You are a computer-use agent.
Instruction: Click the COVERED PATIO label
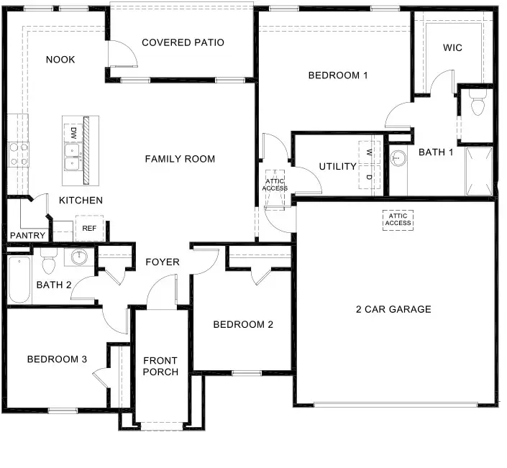click(x=183, y=42)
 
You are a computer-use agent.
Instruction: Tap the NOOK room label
click(x=60, y=60)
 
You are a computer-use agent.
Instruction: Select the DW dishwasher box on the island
click(x=73, y=132)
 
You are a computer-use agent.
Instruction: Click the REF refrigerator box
click(x=89, y=228)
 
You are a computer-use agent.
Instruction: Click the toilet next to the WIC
click(x=475, y=105)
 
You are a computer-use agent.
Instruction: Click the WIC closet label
click(x=452, y=47)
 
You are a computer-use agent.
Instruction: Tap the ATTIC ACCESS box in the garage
click(x=398, y=219)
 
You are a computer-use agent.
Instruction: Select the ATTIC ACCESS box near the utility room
click(x=275, y=182)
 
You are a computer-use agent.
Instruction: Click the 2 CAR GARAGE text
click(x=393, y=309)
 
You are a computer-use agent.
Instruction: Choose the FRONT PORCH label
click(x=160, y=366)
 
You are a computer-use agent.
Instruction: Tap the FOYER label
click(x=163, y=262)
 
